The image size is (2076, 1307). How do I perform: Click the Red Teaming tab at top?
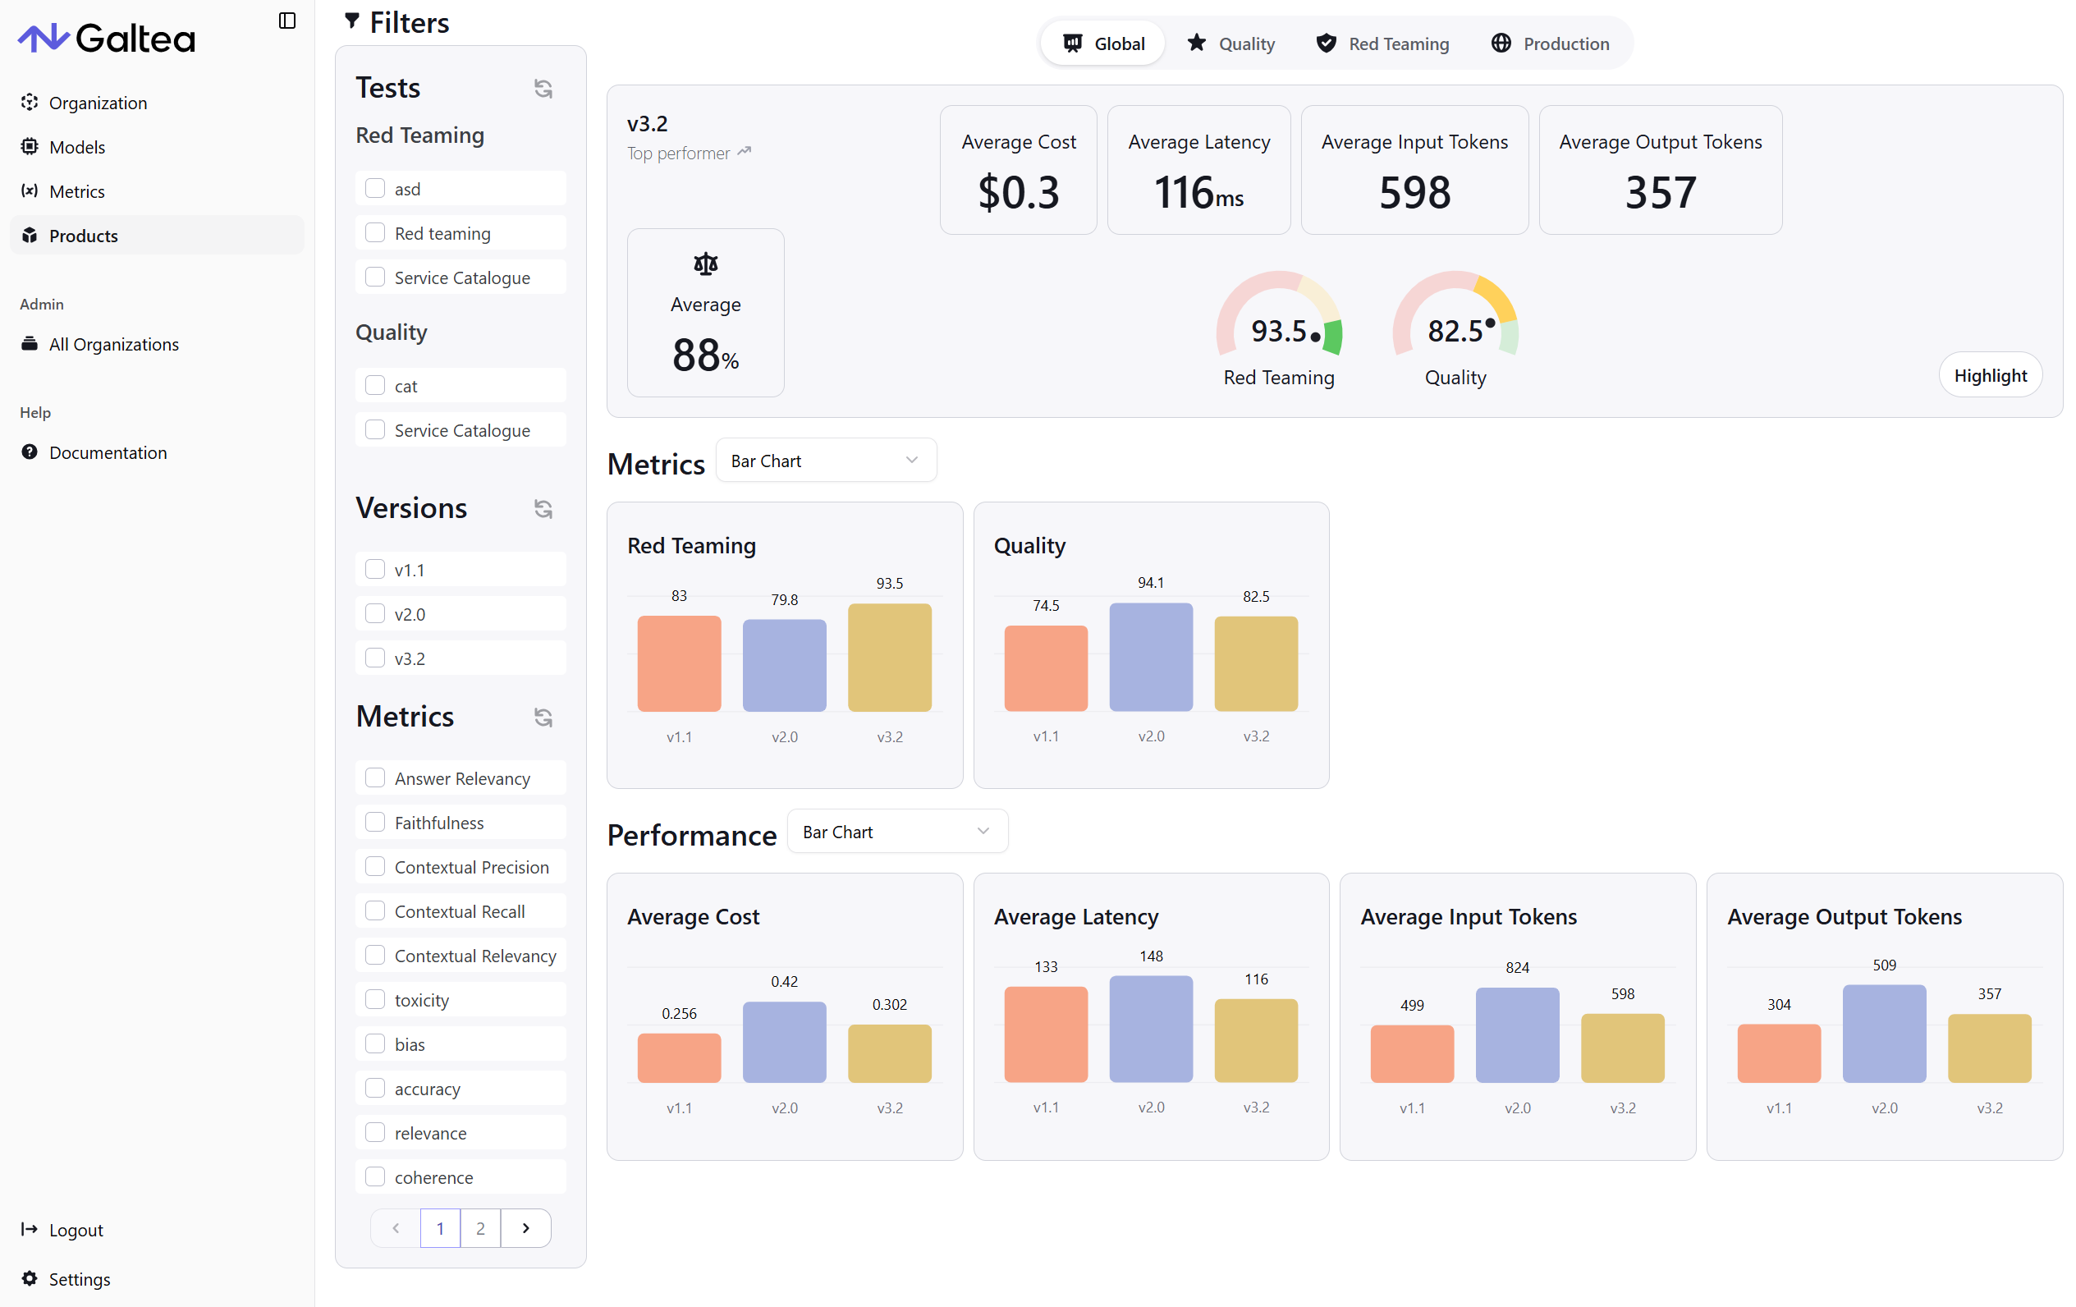coord(1382,44)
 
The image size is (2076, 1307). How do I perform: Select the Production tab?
coord(1549,44)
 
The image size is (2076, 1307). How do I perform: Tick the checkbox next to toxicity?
coord(375,999)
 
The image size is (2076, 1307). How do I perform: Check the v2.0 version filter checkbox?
coord(375,614)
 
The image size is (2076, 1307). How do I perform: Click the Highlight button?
coord(1989,375)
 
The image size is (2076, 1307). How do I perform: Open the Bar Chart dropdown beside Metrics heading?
coord(825,461)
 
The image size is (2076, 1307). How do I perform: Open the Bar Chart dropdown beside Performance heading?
coord(896,832)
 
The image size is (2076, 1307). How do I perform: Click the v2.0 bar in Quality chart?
coord(1150,658)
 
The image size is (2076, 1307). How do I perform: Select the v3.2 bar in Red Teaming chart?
coord(889,658)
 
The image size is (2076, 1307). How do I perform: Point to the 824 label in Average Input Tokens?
coord(1516,967)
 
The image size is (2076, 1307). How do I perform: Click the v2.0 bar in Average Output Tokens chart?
coord(1884,1034)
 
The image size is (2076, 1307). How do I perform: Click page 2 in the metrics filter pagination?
coord(480,1227)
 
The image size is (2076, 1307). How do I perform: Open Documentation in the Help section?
coord(108,452)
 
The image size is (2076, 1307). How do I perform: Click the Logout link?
coord(76,1231)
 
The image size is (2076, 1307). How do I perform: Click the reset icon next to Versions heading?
coord(543,509)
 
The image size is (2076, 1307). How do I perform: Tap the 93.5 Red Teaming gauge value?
coord(1279,331)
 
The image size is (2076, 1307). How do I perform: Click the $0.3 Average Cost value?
coord(1018,191)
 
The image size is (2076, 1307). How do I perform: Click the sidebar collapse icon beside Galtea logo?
coord(287,21)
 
